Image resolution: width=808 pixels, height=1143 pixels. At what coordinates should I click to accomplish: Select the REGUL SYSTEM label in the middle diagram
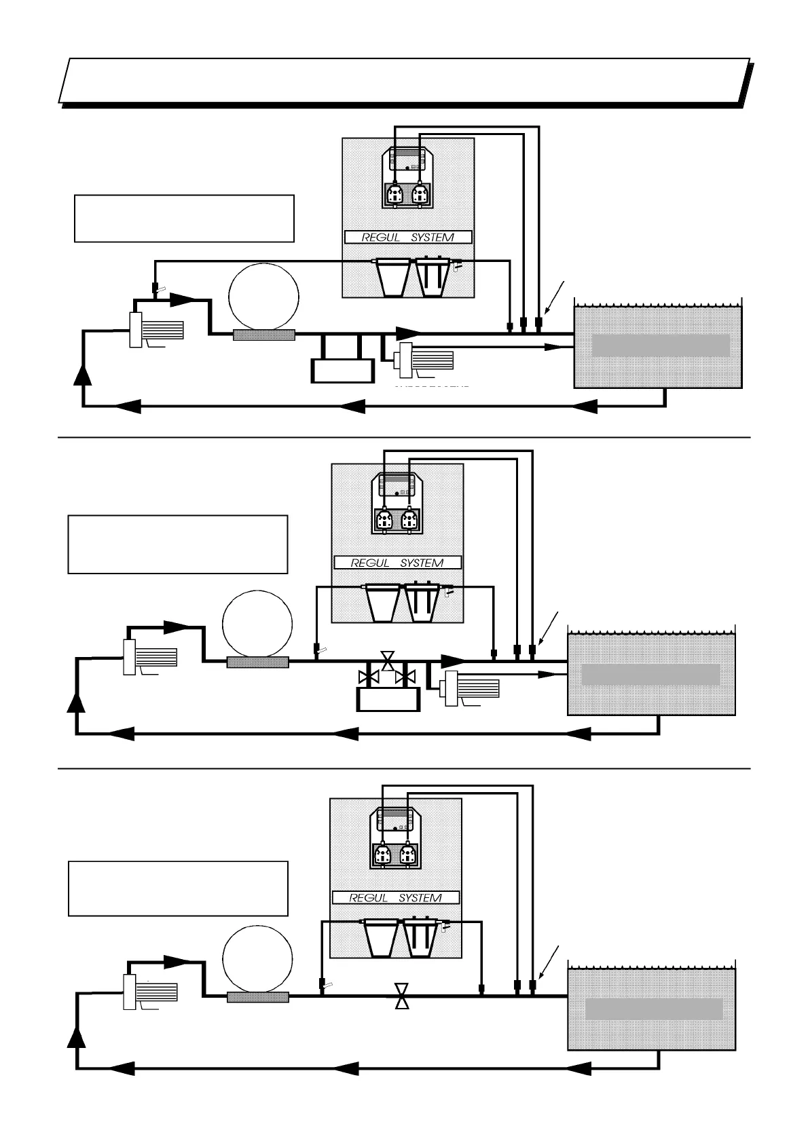(397, 563)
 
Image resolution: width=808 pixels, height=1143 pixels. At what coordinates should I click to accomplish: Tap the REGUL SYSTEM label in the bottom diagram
(395, 897)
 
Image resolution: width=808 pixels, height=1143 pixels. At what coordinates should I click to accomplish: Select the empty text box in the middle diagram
(178, 544)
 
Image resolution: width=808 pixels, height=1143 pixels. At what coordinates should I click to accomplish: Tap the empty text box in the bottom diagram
(178, 888)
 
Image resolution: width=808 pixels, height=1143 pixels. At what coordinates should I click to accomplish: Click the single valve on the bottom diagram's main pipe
(402, 996)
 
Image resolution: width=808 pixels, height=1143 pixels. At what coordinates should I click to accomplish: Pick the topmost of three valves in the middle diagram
(388, 660)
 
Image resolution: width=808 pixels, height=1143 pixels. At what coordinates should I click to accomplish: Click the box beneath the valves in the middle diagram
(388, 698)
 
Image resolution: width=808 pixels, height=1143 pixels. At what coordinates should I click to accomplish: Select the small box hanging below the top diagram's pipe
(342, 370)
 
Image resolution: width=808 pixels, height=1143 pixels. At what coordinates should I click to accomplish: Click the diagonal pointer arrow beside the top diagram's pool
(555, 297)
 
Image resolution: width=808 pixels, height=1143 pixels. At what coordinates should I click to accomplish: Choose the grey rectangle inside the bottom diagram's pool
(654, 1009)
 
